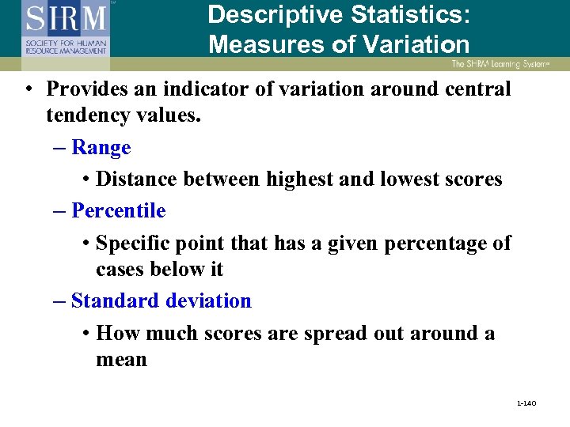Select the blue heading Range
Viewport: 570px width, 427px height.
click(101, 147)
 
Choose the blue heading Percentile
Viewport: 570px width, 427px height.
click(118, 210)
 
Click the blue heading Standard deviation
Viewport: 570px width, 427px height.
click(161, 300)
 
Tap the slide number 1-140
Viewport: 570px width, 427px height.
click(526, 404)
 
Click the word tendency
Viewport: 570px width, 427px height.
click(82, 115)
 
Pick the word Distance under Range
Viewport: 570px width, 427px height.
click(136, 179)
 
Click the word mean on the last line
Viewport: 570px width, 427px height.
click(121, 360)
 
